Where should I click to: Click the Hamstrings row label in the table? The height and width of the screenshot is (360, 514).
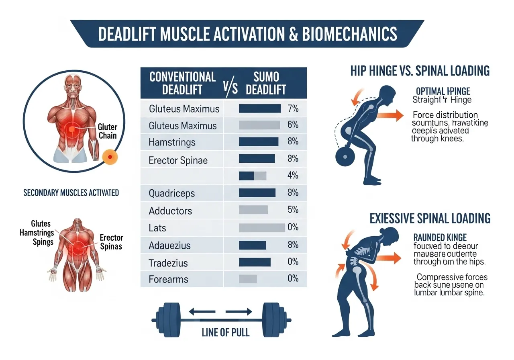172,142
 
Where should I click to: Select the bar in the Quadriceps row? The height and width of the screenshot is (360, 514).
257,193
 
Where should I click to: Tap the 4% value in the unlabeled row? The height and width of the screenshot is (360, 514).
293,176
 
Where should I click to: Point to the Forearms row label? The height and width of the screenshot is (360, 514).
168,279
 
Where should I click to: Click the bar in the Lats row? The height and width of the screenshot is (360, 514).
261,228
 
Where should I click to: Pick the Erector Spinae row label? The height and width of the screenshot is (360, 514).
178,160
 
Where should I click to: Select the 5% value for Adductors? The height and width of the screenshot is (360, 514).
293,210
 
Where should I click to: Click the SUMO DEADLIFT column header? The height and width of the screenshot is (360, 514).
266,83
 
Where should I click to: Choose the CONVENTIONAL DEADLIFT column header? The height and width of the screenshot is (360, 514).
182,83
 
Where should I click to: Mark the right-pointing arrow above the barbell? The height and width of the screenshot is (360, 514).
239,311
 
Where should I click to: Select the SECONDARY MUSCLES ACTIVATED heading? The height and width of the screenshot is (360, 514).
71,193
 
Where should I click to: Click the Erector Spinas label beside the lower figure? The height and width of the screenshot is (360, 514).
111,242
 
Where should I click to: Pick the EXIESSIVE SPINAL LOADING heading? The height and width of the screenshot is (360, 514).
430,218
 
